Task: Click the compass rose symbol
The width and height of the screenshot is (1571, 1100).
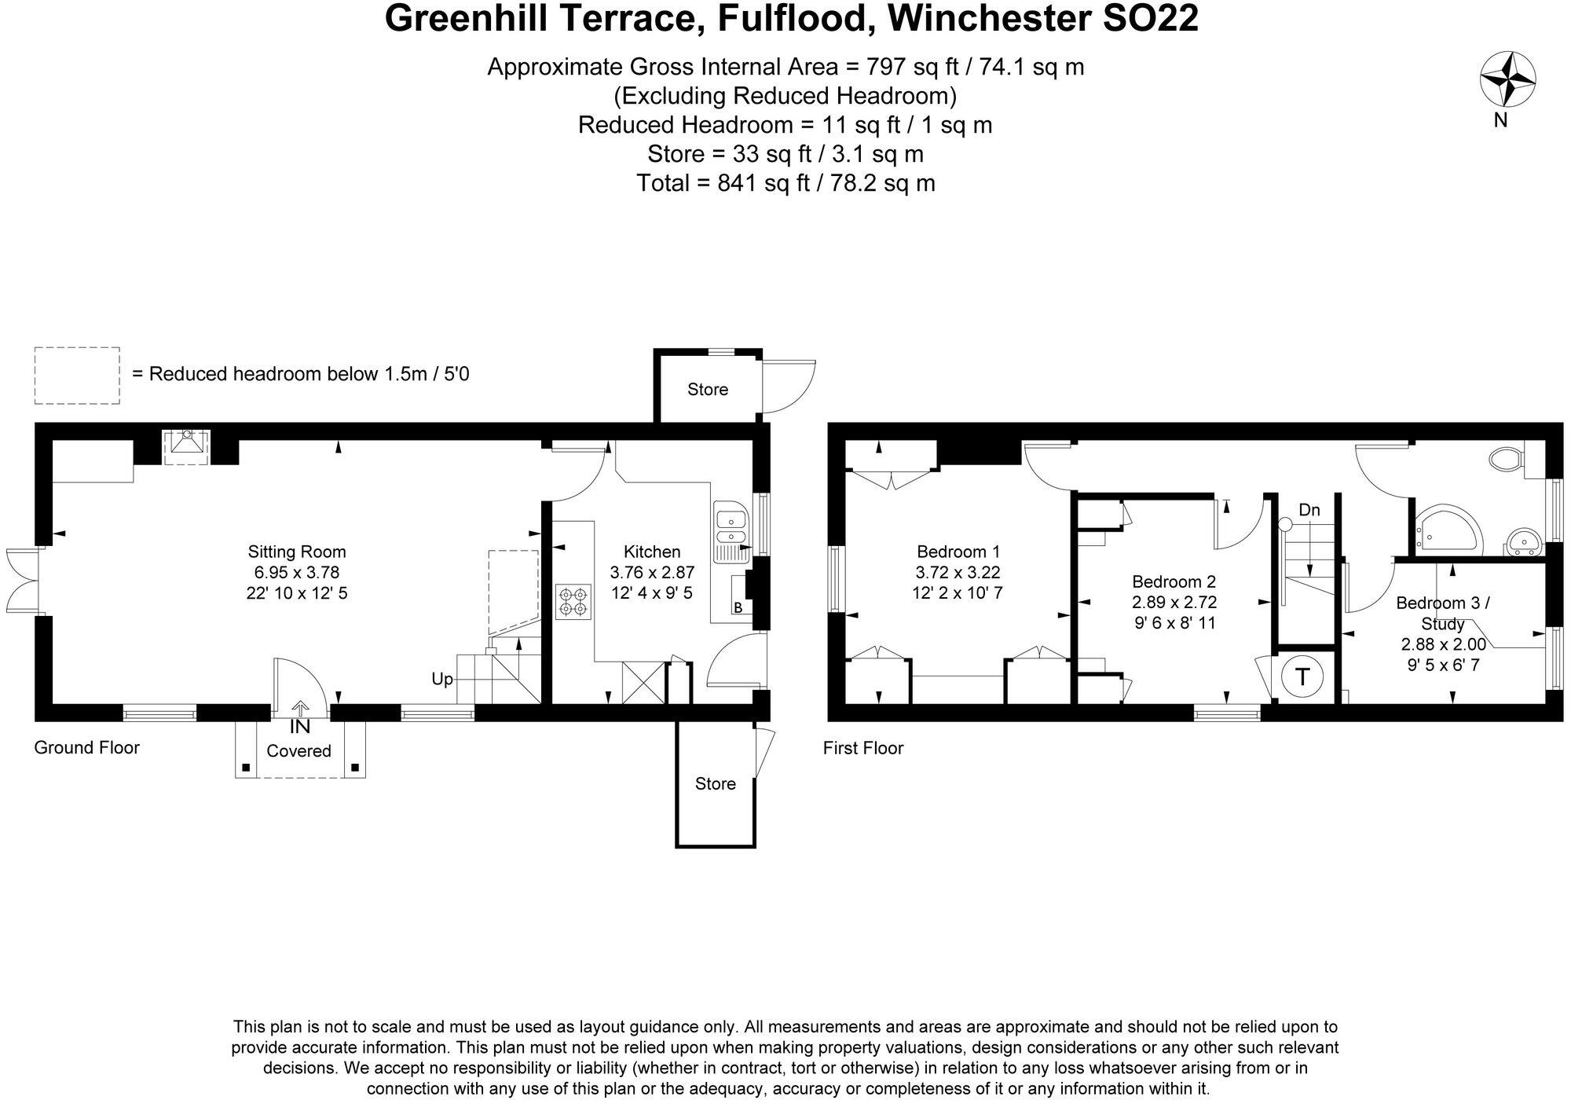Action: pyautogui.click(x=1507, y=79)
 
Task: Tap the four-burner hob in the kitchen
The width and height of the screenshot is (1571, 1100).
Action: pyautogui.click(x=573, y=601)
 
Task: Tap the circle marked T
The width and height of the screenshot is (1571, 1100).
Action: pyautogui.click(x=1302, y=676)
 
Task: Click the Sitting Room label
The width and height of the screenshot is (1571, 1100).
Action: pyautogui.click(x=297, y=552)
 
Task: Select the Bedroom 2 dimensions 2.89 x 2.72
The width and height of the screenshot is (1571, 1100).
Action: pyautogui.click(x=1174, y=603)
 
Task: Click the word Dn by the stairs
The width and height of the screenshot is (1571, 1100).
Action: pyautogui.click(x=1309, y=510)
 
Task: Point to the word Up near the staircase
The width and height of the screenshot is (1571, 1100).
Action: pyautogui.click(x=442, y=678)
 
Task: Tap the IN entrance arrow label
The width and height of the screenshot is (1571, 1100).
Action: pyautogui.click(x=300, y=727)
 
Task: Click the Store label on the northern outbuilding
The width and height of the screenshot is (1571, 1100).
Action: pyautogui.click(x=707, y=390)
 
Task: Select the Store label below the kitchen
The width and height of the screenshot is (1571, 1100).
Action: pyautogui.click(x=715, y=783)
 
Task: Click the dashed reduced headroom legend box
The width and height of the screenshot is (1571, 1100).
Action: pyautogui.click(x=77, y=376)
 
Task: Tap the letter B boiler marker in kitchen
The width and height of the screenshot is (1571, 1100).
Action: pyautogui.click(x=738, y=607)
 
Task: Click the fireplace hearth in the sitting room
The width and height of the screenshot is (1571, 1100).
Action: pyautogui.click(x=186, y=446)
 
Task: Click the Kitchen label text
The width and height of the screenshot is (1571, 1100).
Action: pyautogui.click(x=651, y=552)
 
